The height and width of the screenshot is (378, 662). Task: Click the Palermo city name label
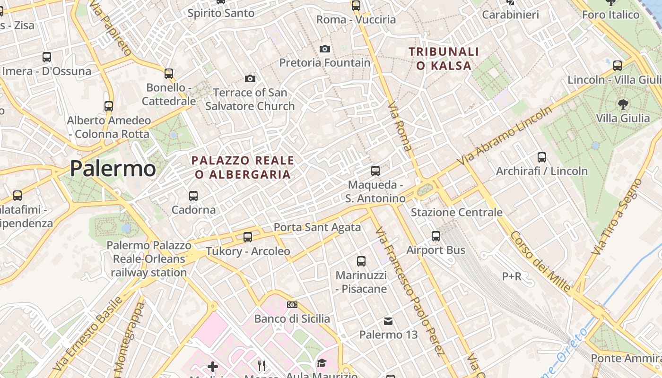click(113, 169)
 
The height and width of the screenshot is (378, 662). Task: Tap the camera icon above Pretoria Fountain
click(325, 49)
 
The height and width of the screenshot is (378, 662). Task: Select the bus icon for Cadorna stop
click(193, 196)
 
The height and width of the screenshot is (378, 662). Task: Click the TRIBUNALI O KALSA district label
click(444, 59)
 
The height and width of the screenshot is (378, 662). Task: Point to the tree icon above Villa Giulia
click(623, 104)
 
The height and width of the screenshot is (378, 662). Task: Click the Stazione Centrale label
click(456, 212)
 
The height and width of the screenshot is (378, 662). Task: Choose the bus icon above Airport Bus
click(436, 236)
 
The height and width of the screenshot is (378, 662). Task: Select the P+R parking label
click(512, 276)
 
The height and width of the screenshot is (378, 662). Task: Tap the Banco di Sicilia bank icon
click(292, 305)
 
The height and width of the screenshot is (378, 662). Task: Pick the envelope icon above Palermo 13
click(388, 321)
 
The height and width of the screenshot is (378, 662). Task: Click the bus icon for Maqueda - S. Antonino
click(375, 171)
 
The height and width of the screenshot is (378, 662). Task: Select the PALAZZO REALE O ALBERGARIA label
click(243, 168)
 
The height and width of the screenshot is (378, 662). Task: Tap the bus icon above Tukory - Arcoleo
click(248, 237)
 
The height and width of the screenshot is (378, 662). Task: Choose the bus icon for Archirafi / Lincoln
click(542, 157)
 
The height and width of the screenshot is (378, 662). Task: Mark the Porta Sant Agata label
click(317, 227)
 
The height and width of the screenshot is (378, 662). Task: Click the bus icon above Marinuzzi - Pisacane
click(361, 261)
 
